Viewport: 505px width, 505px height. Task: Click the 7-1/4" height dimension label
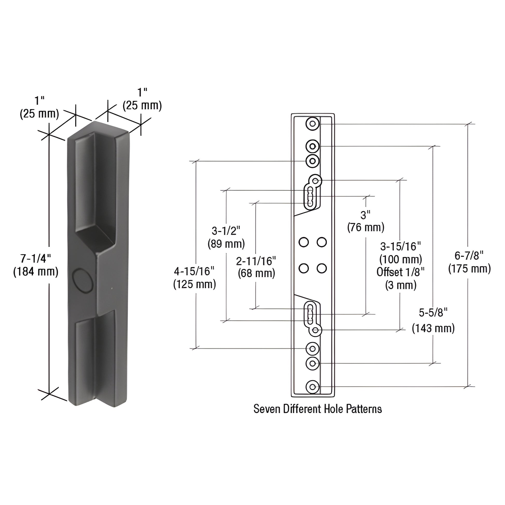36,259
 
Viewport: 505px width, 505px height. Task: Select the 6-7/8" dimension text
469,256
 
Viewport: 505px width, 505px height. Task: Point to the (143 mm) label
433,328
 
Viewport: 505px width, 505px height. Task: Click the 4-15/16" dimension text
194,271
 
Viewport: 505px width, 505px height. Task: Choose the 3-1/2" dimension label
226,231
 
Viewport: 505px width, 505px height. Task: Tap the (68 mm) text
256,274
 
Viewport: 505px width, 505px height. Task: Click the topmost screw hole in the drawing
312,124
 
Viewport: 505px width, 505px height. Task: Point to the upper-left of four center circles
303,242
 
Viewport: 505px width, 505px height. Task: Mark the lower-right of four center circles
322,268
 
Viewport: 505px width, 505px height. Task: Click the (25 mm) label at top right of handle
142,106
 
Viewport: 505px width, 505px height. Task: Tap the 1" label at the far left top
39,101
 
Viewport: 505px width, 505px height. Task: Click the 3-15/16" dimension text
400,246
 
